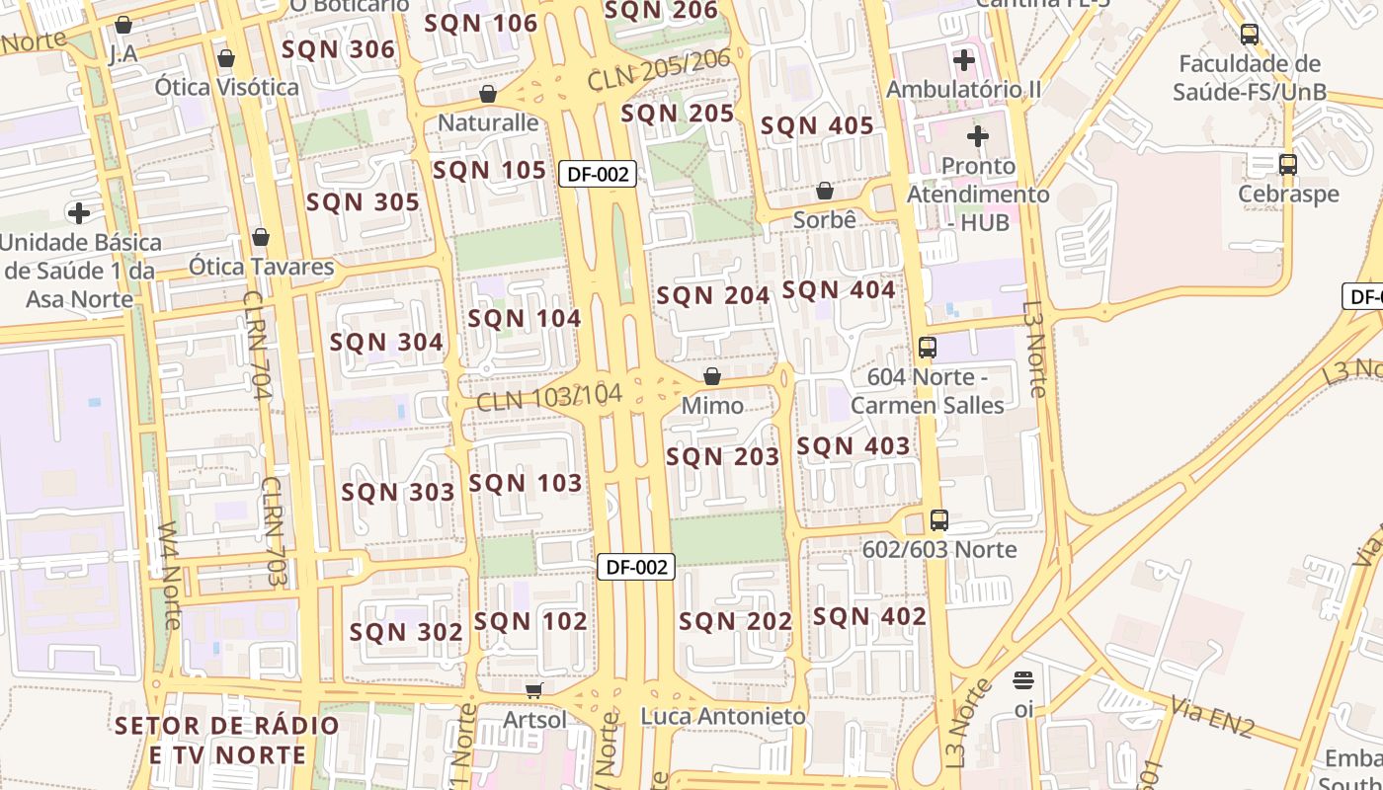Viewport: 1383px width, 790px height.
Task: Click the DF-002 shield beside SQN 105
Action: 597,174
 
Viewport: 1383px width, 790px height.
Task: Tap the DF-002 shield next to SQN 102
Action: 636,567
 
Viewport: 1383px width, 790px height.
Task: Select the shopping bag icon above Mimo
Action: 712,376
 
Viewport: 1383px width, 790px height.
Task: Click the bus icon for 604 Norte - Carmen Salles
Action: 927,347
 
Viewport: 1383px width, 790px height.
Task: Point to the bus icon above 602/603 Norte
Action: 938,519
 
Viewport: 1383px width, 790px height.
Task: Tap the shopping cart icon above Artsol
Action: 534,690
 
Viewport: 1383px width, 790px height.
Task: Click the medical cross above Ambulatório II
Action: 963,60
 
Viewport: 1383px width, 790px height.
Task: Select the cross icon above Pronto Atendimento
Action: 978,135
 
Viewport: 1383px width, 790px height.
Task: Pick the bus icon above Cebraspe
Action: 1288,164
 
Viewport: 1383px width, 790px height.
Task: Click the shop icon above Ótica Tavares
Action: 261,237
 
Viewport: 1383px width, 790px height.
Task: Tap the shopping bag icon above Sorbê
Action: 825,191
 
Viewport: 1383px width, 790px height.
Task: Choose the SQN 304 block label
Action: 386,343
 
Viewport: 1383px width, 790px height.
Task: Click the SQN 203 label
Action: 723,457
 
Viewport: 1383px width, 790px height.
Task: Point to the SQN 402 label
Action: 869,617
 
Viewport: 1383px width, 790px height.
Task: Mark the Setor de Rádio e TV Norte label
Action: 227,741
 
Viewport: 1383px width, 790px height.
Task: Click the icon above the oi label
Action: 1023,680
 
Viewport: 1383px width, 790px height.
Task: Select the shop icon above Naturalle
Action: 487,94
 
